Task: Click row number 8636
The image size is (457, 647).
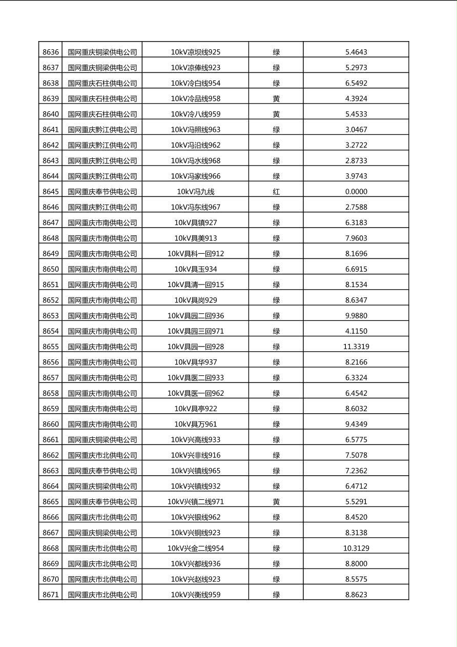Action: click(x=51, y=52)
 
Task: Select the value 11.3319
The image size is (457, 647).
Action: click(x=356, y=347)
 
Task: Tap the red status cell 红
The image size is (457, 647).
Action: click(x=276, y=192)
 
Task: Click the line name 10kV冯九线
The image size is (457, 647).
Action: click(x=196, y=192)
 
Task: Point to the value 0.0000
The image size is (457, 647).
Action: click(x=356, y=192)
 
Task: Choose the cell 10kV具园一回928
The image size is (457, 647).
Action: click(x=196, y=347)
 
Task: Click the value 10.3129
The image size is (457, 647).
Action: click(x=356, y=548)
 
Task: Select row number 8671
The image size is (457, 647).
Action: click(x=51, y=595)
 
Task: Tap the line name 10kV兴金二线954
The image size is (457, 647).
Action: click(x=196, y=548)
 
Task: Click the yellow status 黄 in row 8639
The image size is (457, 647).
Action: click(x=276, y=98)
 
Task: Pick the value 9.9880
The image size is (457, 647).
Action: click(x=356, y=316)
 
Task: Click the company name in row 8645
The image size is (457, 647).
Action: click(x=102, y=192)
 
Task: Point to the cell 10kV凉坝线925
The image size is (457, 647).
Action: click(x=196, y=52)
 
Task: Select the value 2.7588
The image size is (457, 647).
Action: click(x=356, y=207)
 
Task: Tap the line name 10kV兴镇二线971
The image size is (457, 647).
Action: click(x=196, y=502)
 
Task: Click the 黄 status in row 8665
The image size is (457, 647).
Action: click(x=276, y=502)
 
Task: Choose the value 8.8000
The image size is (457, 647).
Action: click(x=356, y=563)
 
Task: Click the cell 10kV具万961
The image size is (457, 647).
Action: click(x=196, y=424)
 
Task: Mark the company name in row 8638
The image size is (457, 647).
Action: click(x=102, y=83)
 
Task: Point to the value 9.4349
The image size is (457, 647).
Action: click(x=356, y=424)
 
